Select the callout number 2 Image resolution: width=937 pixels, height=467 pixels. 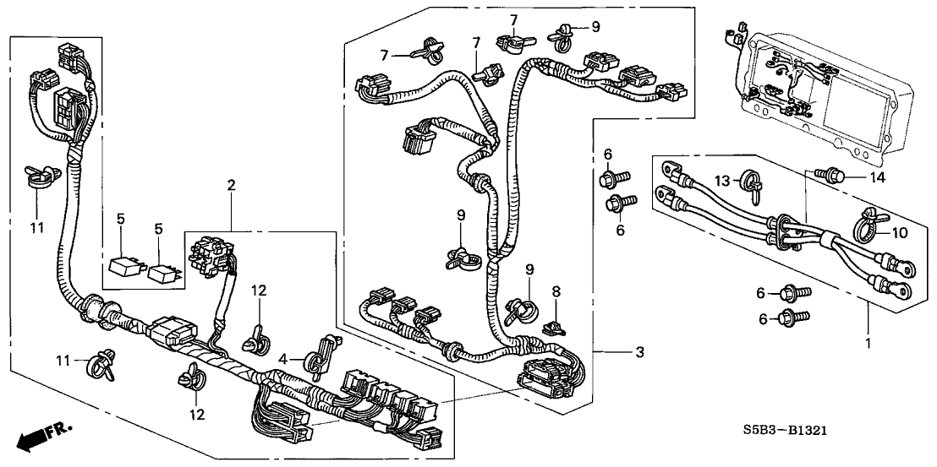230,185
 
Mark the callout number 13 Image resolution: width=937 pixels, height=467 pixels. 721,181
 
